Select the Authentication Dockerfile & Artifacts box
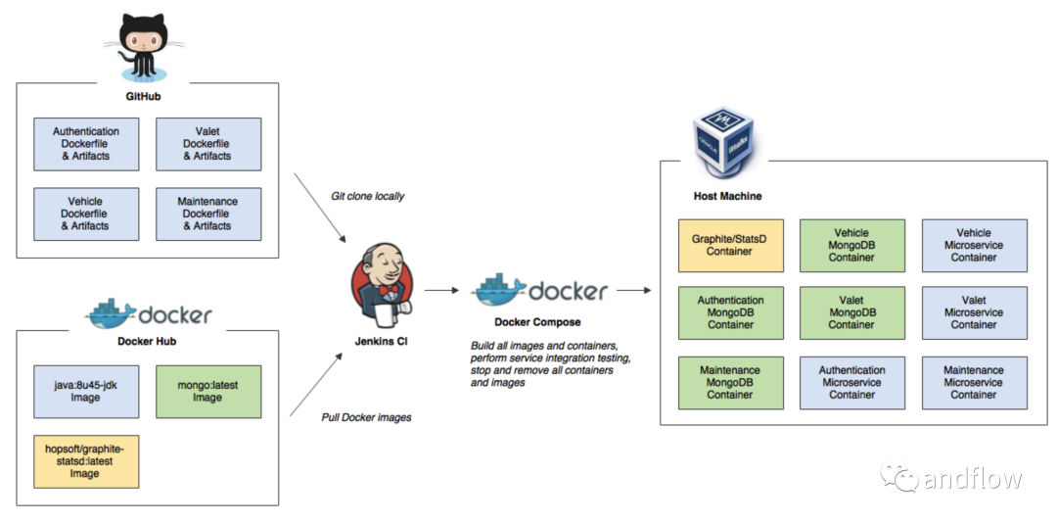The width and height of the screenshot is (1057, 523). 86,144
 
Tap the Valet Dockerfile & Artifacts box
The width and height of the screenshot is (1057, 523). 208,144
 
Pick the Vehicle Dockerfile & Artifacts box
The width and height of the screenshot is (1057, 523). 86,214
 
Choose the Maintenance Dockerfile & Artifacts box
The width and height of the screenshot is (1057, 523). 208,214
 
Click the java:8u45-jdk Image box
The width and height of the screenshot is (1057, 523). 86,392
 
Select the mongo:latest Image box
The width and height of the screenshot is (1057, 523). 208,392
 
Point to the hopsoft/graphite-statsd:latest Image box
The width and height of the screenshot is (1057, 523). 86,461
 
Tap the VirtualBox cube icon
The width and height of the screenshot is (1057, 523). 724,141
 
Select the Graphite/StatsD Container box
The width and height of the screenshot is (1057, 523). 731,246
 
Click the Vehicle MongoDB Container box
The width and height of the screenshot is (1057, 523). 852,246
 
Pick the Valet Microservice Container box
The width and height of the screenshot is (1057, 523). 975,312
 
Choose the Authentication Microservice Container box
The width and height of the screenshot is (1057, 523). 852,383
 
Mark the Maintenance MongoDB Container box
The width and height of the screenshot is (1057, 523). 731,383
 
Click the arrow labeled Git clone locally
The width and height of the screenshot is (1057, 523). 320,208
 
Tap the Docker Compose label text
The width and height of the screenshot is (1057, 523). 537,322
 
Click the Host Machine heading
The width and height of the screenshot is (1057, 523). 727,197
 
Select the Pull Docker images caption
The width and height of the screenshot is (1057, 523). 366,417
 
